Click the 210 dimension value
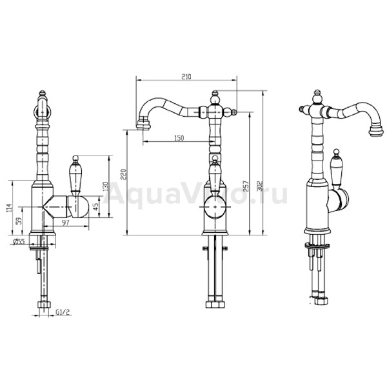tap(186, 77)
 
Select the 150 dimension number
tap(179, 138)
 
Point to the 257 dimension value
tap(246, 186)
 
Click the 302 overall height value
tap(260, 186)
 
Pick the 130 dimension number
tap(105, 186)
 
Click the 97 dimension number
tap(65, 223)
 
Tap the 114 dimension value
tap(8, 208)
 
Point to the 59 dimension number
tap(19, 221)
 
